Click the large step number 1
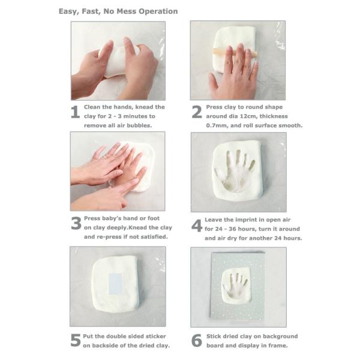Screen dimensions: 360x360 tap(76, 112)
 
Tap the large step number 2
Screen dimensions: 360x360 tap(197, 112)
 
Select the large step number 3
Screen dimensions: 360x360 tap(76, 223)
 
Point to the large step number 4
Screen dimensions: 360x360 tap(197, 226)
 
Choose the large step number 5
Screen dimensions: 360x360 tap(76, 340)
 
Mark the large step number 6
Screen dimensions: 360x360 tap(197, 340)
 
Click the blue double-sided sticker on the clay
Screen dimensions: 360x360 tap(115, 284)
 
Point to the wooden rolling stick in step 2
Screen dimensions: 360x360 tap(235, 53)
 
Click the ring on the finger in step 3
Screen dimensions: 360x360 tap(105, 157)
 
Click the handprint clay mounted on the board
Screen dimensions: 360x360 tap(237, 284)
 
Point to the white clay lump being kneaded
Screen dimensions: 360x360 tap(119, 62)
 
